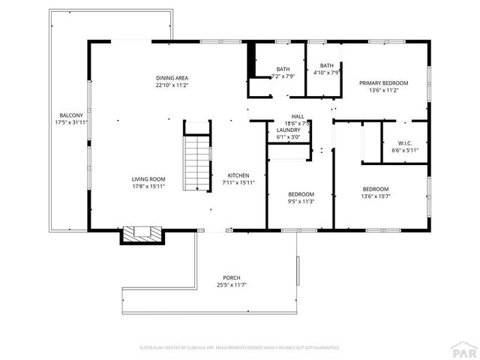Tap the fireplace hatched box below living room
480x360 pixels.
click(142, 235)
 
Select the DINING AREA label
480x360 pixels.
click(172, 78)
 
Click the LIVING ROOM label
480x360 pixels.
click(148, 178)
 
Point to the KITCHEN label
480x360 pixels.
click(238, 175)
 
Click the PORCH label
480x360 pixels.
click(232, 277)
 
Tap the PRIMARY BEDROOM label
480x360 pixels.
click(383, 82)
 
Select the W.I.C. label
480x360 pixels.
click(405, 143)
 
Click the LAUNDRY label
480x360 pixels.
click(288, 130)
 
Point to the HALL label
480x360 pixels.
click(298, 116)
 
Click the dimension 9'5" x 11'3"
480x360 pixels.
click(300, 201)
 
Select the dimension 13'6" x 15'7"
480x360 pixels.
click(376, 196)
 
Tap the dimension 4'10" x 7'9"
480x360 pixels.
click(326, 73)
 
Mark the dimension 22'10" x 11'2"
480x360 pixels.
click(172, 85)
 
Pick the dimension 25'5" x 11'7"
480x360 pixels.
click(232, 285)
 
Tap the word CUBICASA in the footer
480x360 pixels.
click(198, 348)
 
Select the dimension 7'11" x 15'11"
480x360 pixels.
click(238, 182)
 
